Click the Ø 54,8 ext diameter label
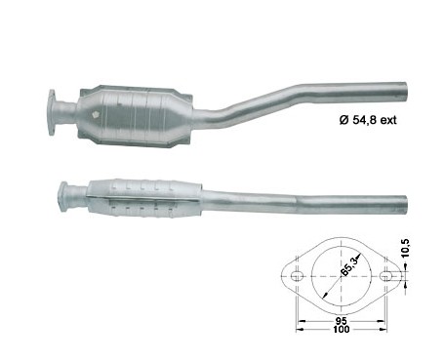[x=368, y=120]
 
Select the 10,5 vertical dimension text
[x=406, y=249]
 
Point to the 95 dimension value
[x=341, y=320]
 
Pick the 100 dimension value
[x=342, y=329]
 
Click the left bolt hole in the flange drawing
[x=297, y=276]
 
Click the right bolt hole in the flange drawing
[x=385, y=276]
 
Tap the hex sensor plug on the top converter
[x=96, y=115]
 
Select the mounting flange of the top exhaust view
[x=52, y=112]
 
